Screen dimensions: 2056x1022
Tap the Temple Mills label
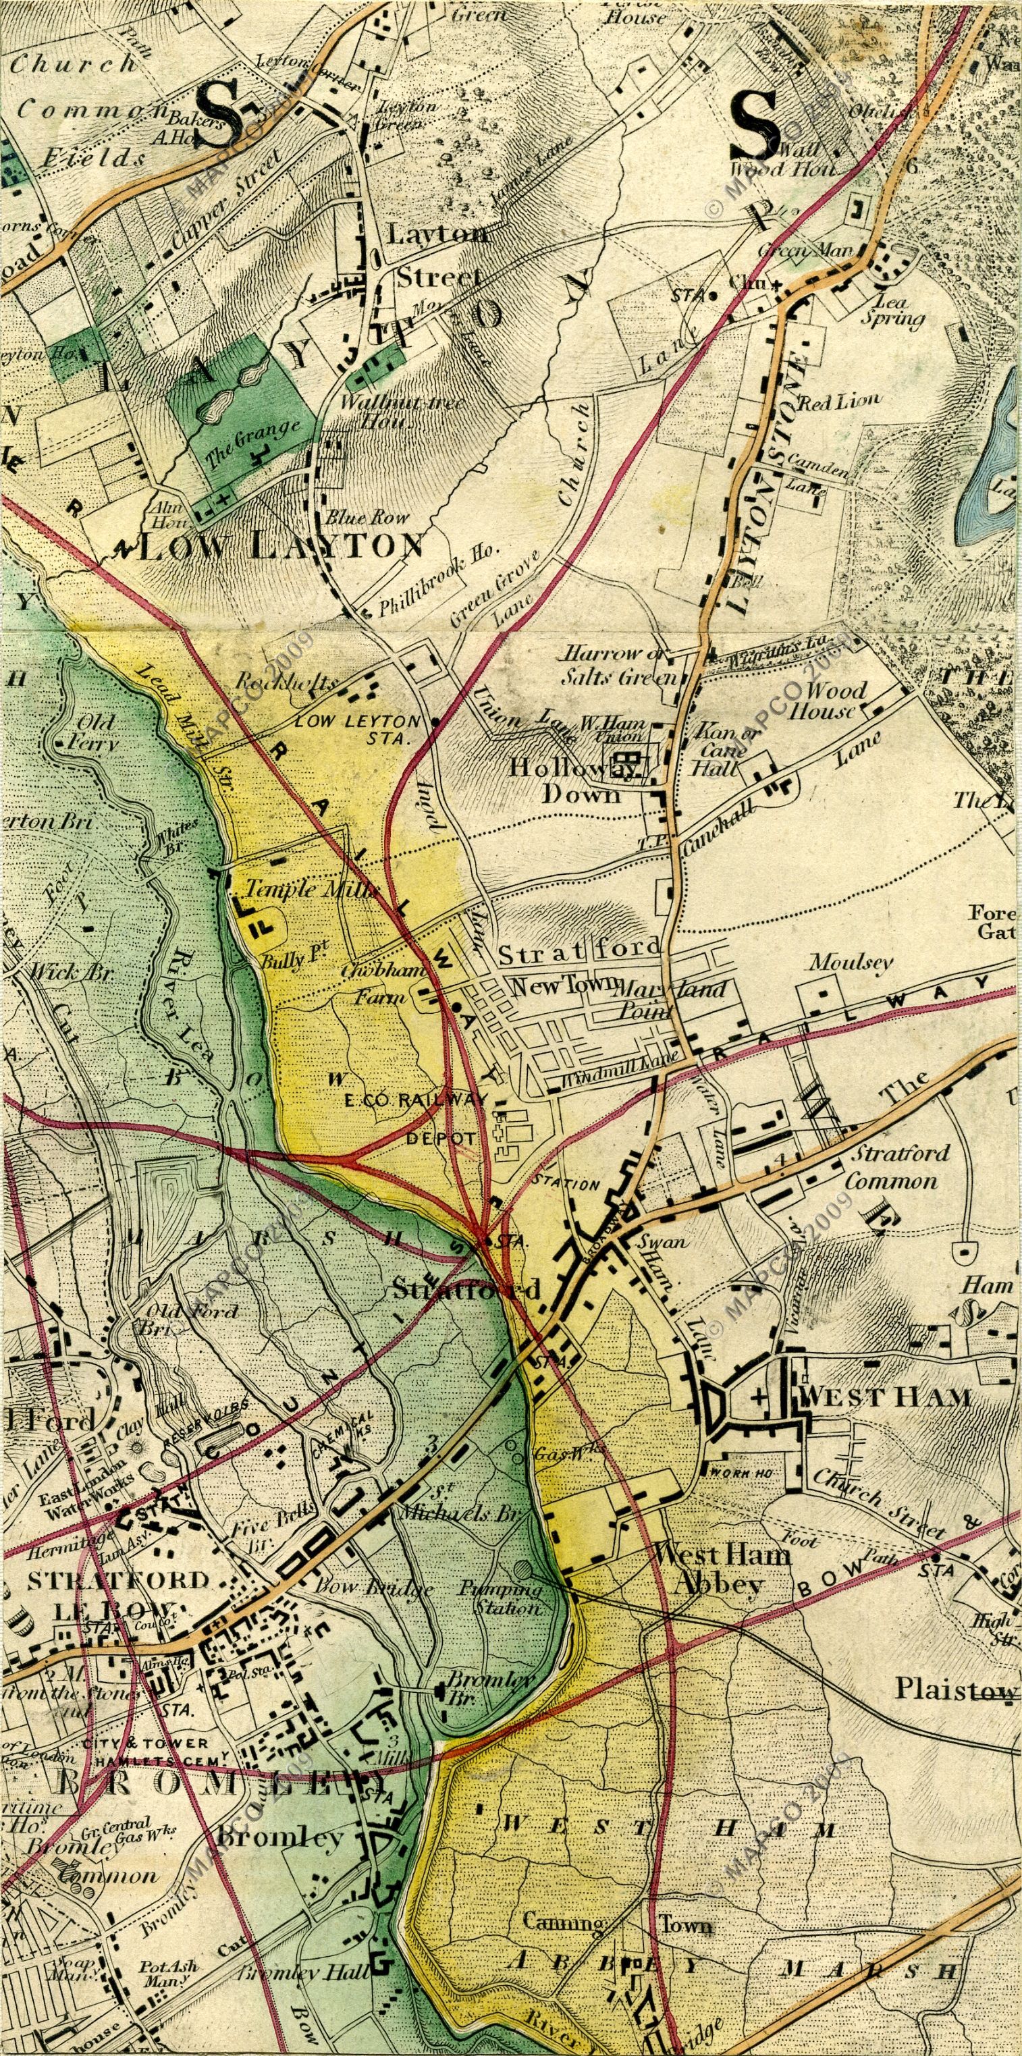311,888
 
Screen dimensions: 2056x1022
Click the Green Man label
795,250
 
